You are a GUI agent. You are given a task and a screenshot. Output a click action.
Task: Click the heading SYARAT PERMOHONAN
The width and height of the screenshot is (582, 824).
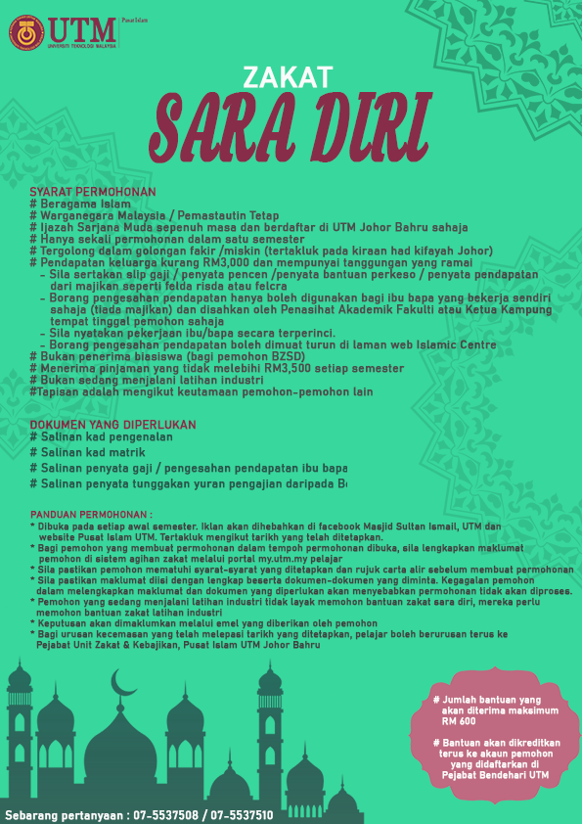(x=93, y=192)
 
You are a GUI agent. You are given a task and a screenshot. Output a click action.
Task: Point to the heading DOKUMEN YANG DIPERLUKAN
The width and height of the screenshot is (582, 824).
(x=112, y=425)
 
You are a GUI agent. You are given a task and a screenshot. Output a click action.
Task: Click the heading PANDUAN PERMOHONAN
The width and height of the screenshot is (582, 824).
(x=92, y=514)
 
